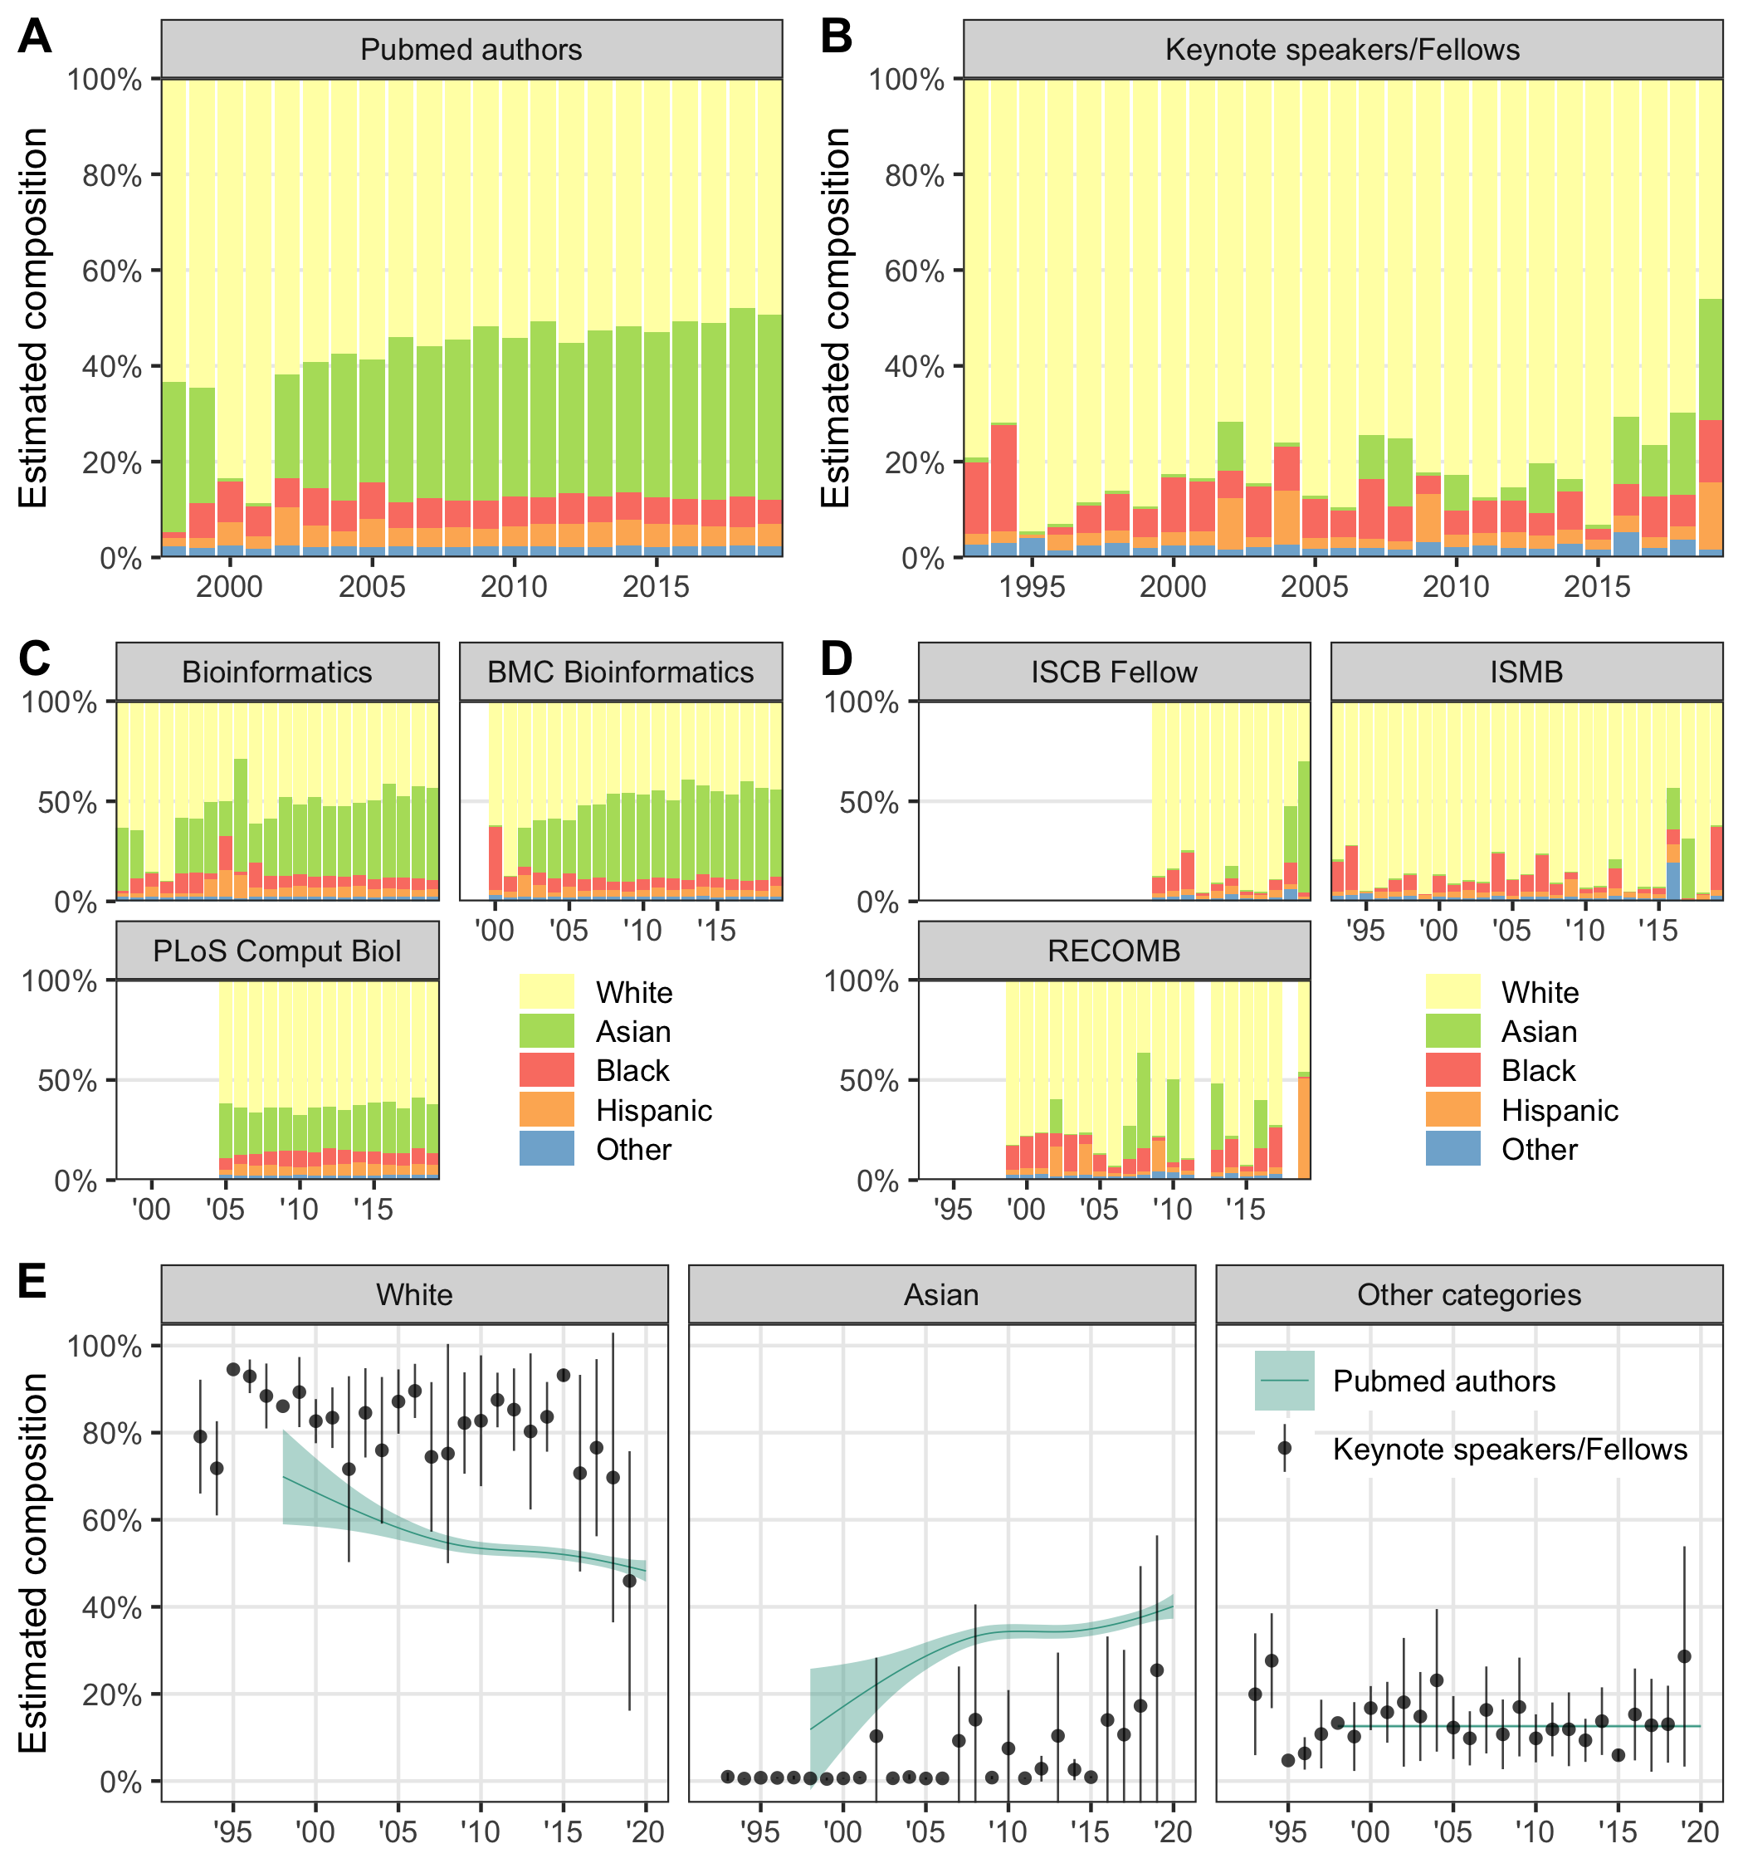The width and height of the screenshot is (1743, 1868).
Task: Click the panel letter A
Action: point(35,37)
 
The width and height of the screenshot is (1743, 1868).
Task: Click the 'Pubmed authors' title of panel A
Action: point(471,50)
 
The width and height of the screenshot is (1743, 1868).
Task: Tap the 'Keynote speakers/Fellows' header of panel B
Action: point(1342,50)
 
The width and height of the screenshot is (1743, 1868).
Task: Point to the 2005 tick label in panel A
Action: point(372,587)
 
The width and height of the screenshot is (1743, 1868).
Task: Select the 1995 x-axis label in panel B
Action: point(1032,587)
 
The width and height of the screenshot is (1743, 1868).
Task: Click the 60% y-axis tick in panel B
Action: point(913,271)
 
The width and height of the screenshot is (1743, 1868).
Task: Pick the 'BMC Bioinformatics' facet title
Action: point(620,672)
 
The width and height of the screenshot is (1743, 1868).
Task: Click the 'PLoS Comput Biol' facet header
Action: point(277,951)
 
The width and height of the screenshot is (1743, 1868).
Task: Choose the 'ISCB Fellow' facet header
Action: point(1114,672)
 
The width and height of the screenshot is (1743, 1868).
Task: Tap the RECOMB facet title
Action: point(1114,951)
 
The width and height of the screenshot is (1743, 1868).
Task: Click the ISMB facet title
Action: point(1526,672)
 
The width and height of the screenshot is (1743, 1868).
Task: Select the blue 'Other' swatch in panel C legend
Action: point(547,1148)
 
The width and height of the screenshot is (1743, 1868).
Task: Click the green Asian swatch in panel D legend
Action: point(1452,1031)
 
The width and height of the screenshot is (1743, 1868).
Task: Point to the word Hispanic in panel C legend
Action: point(654,1110)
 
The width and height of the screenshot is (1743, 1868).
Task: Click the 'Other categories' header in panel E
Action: point(1468,1295)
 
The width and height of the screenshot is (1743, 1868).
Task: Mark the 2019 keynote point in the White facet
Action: point(629,1581)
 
